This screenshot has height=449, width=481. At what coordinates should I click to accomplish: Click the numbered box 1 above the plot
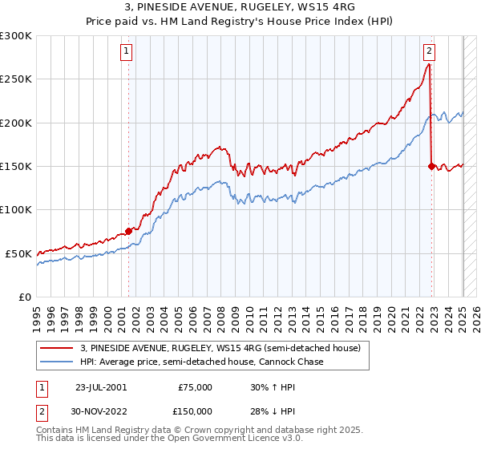(127, 51)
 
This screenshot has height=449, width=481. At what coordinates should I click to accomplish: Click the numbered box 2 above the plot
(429, 51)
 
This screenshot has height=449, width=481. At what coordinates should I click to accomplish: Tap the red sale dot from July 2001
(128, 231)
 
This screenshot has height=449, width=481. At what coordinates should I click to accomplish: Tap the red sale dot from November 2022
(431, 166)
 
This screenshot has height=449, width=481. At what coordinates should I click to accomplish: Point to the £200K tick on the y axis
(17, 123)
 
